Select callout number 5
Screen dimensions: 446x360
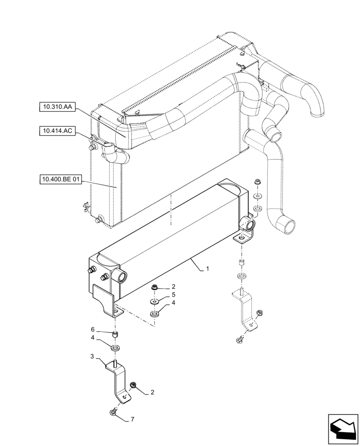(x=173, y=295)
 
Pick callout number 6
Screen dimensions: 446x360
(x=93, y=330)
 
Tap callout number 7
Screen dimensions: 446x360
(x=132, y=420)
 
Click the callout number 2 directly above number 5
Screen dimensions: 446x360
(x=173, y=286)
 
